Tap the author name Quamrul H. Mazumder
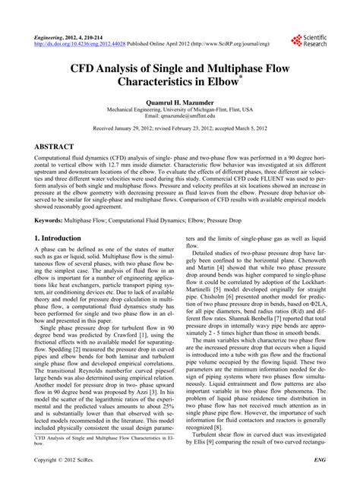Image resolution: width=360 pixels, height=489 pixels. click(179, 100)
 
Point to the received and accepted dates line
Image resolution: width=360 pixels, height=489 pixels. click(179, 128)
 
